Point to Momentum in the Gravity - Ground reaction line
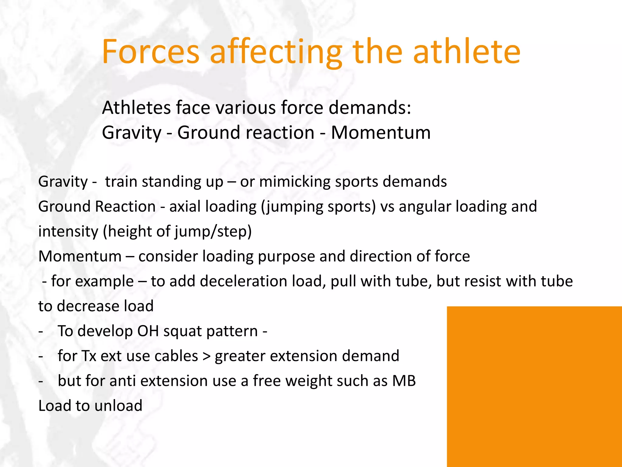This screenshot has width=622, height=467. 381,133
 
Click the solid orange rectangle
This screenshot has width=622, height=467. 534,386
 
